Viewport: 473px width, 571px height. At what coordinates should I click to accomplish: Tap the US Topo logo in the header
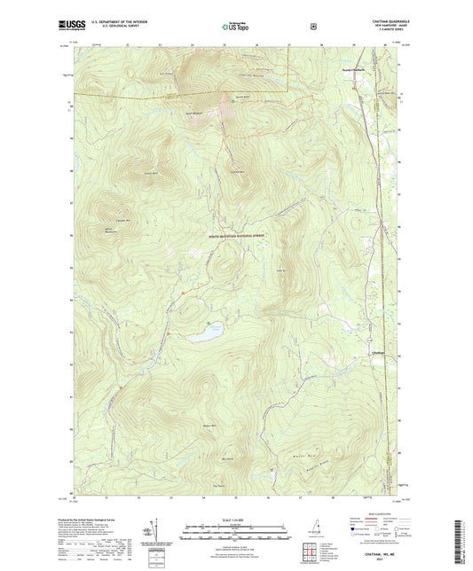pyautogui.click(x=235, y=27)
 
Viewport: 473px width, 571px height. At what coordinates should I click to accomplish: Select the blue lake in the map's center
pyautogui.click(x=205, y=332)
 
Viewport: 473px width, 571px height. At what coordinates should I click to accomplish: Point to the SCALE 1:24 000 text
pyautogui.click(x=235, y=519)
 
